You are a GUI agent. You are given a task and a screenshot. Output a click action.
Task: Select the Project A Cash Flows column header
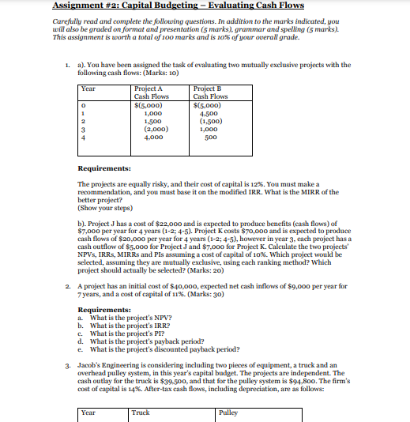coord(153,93)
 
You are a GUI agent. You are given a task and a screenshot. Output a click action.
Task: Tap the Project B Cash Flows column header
coord(211,93)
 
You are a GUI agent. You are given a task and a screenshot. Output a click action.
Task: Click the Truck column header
coord(141,411)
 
